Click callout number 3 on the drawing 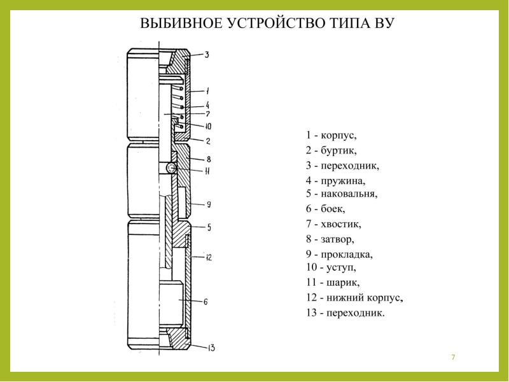(x=207, y=55)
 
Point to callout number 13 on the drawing (x=211, y=348)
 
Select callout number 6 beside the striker (x=206, y=302)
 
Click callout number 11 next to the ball (x=207, y=171)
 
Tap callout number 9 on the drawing (x=209, y=204)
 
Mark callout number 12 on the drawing (x=209, y=257)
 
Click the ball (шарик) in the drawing (x=171, y=168)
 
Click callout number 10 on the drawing (x=208, y=126)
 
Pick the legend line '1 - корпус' (x=331, y=135)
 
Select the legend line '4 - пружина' (x=335, y=180)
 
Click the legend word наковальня (x=349, y=194)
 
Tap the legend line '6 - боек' (x=325, y=209)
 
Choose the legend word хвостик (x=341, y=224)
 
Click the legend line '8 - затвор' (x=330, y=239)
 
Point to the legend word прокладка (x=347, y=254)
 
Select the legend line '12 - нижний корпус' (x=354, y=297)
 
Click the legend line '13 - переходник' (x=345, y=313)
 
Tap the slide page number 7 (x=453, y=357)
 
